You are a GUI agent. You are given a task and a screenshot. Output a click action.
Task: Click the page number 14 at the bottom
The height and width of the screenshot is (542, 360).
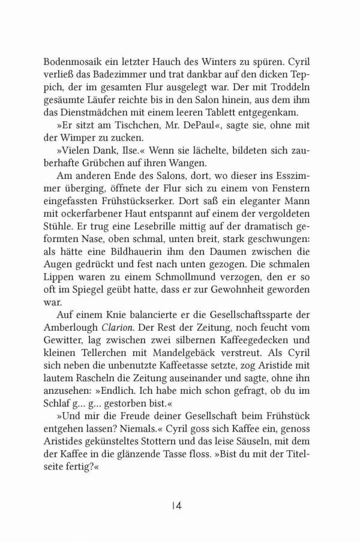[x=176, y=506]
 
